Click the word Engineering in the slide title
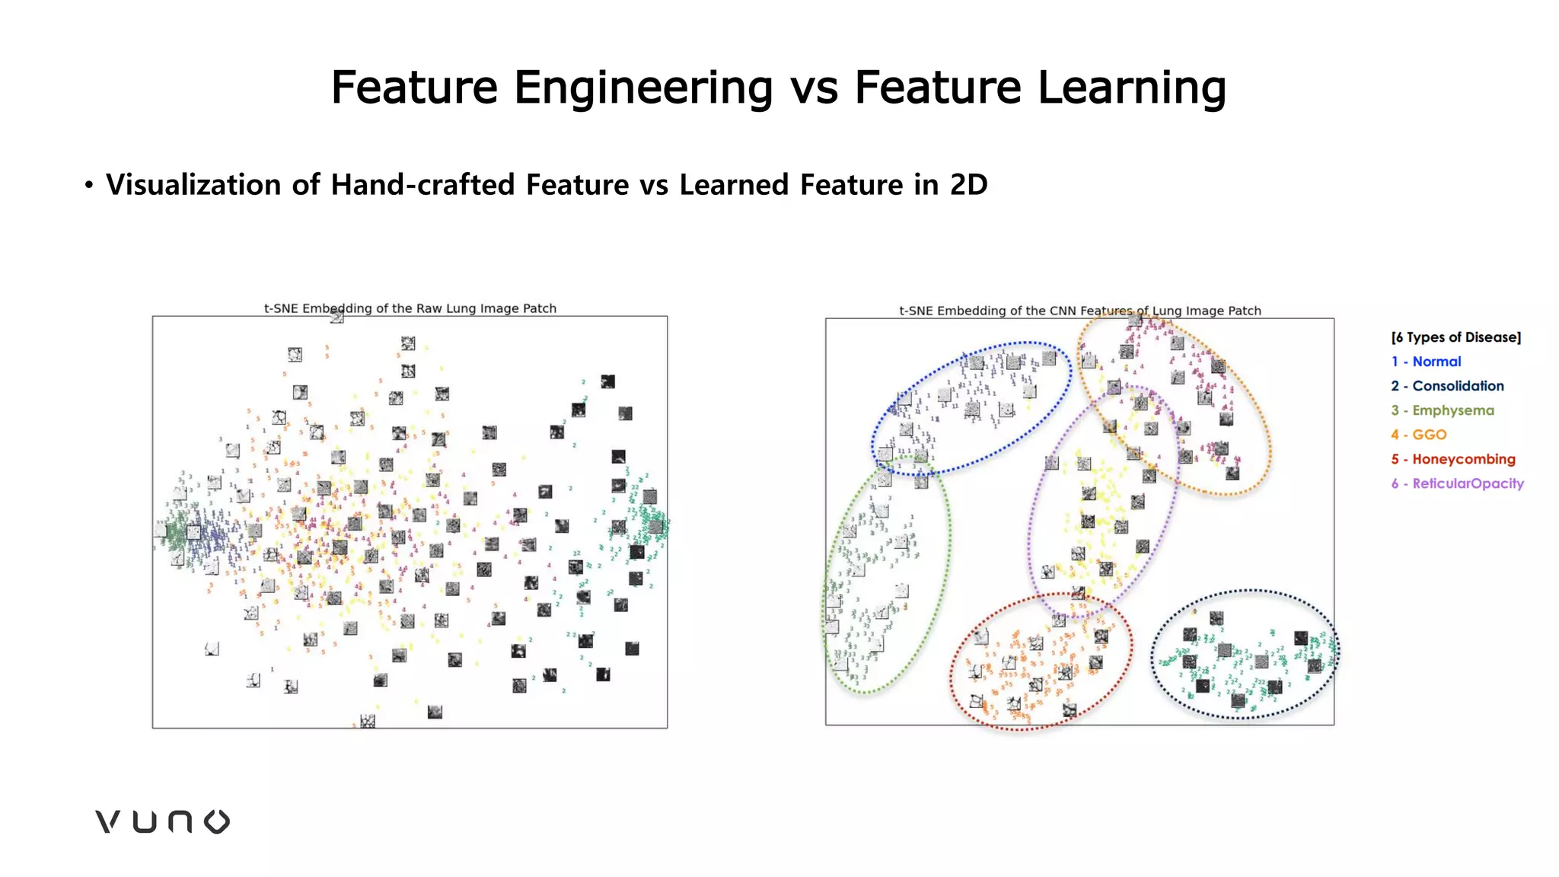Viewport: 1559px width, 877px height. (643, 88)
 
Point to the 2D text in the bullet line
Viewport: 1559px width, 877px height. (968, 185)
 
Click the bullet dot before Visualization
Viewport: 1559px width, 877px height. (89, 185)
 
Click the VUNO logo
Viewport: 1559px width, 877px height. (162, 821)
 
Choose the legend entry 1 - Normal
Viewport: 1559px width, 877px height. (1426, 362)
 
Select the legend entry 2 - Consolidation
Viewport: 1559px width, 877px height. (1447, 386)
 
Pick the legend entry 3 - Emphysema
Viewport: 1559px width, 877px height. (1443, 410)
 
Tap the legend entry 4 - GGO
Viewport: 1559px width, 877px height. (1419, 435)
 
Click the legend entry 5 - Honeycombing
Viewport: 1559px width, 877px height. (1453, 459)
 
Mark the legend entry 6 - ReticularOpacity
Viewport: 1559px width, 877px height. (1457, 483)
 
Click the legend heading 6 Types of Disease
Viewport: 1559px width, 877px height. (1455, 337)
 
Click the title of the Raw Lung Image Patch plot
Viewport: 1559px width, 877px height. (410, 308)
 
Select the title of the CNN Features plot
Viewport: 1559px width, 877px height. (1079, 311)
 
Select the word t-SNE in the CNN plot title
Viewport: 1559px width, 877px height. (916, 311)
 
